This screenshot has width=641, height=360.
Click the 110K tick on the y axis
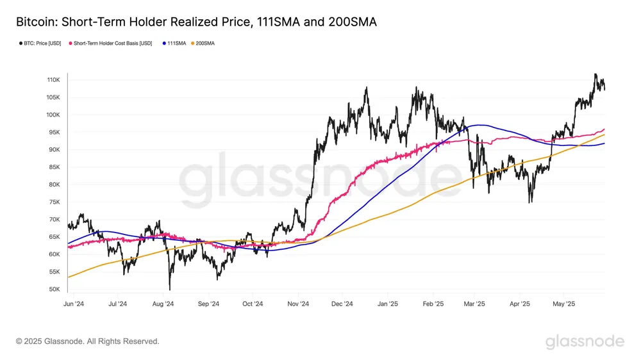pos(53,80)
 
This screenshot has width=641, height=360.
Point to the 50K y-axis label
pos(54,290)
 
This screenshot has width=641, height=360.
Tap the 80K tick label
pos(54,184)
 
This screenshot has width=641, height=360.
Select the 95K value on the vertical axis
pos(54,133)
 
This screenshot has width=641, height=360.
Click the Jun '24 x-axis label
pos(74,304)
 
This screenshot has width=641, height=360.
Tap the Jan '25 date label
pos(388,304)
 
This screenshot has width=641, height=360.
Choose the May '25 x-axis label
pos(564,304)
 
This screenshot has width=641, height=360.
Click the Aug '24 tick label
pos(164,304)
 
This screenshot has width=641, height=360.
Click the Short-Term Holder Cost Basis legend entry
pos(112,44)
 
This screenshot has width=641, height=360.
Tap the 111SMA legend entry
pos(174,44)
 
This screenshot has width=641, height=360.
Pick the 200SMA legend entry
pos(205,44)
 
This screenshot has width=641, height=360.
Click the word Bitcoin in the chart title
pos(35,22)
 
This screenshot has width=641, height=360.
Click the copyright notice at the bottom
pos(87,341)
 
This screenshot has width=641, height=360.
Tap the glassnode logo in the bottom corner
pos(585,341)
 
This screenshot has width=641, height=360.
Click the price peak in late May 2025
pos(596,74)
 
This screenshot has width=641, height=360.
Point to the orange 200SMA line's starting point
pos(68,277)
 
